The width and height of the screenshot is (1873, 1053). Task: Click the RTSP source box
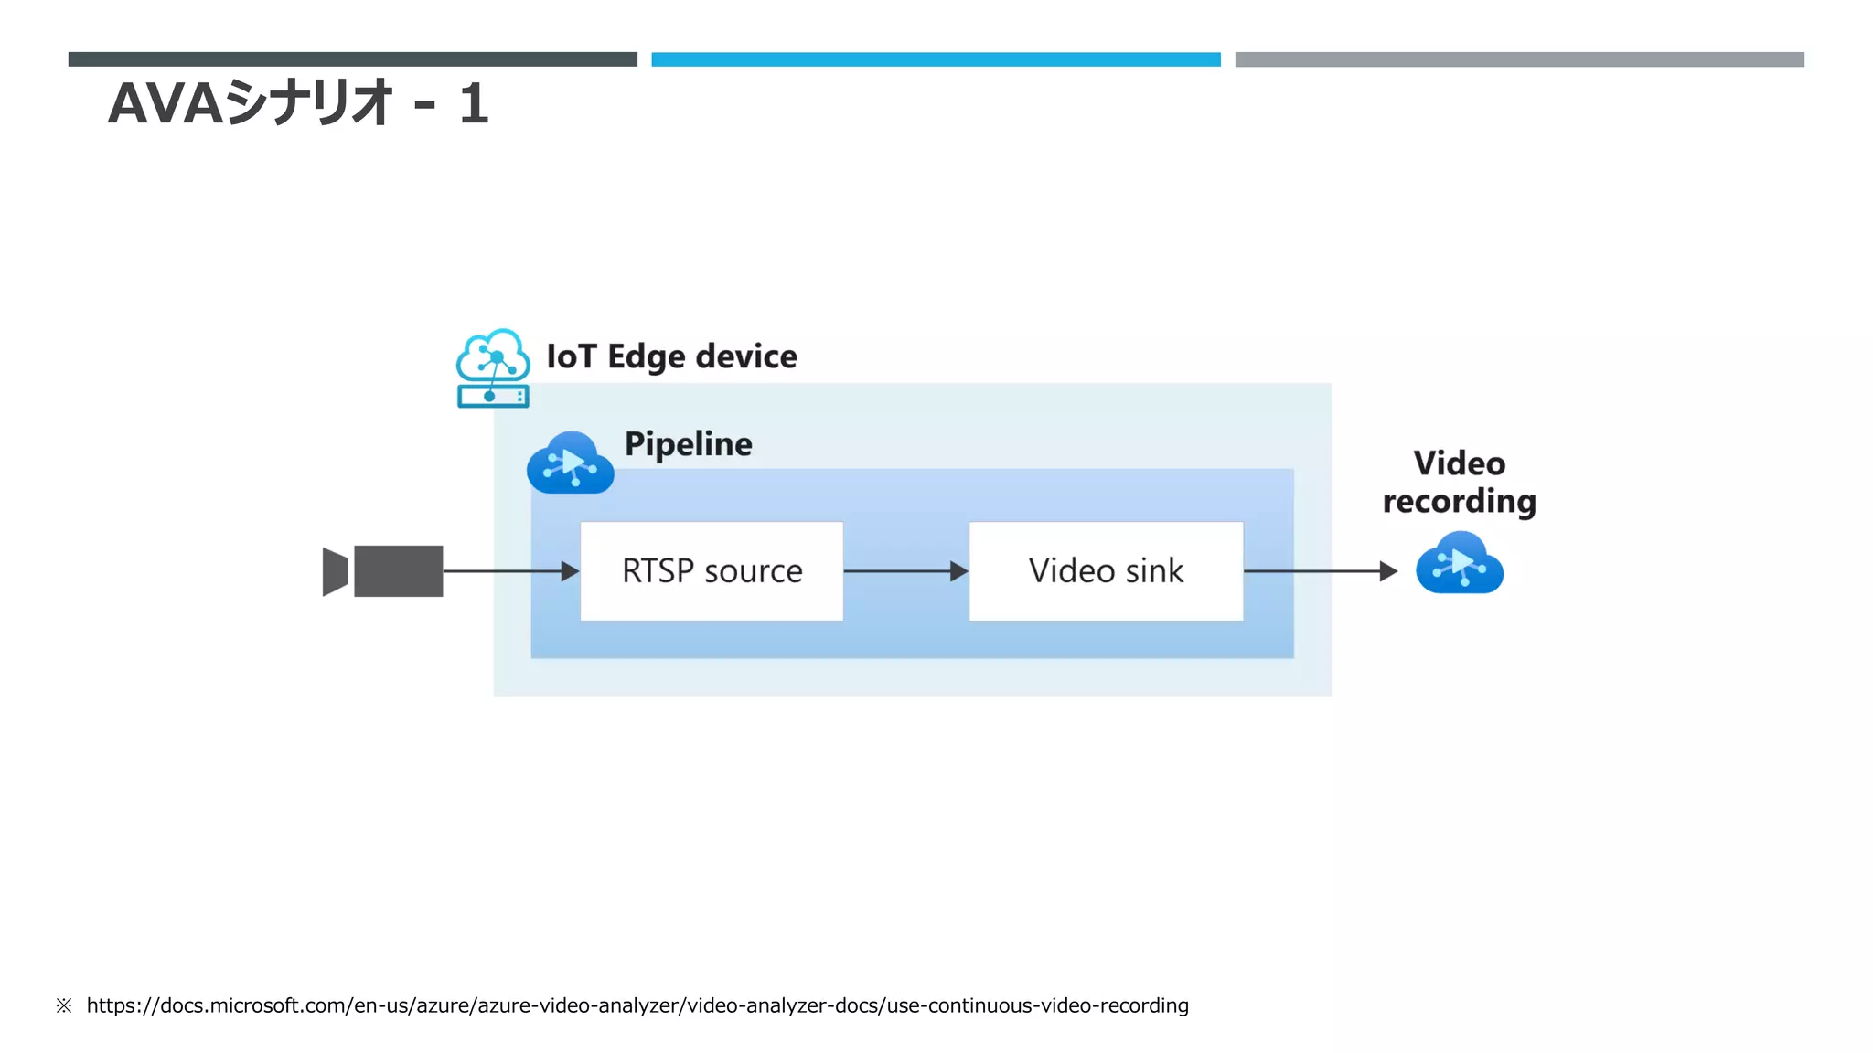click(712, 570)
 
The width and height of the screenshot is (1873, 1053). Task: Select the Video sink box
click(1106, 570)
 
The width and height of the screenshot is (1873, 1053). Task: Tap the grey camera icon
click(384, 570)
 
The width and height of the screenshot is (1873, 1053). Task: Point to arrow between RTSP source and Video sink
click(905, 571)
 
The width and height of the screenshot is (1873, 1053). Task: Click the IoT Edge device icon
click(493, 368)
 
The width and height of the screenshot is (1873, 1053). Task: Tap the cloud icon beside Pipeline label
click(570, 463)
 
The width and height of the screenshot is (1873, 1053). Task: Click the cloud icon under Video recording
click(1460, 563)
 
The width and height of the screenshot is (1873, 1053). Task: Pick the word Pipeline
click(688, 444)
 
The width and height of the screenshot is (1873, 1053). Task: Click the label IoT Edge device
click(671, 356)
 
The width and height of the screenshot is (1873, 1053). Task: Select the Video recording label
click(1460, 482)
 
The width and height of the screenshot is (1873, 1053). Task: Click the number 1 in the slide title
click(473, 103)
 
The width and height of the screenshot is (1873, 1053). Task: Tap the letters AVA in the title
click(166, 103)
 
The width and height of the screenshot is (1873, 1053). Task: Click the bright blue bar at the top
click(936, 59)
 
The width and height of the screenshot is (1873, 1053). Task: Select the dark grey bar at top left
click(352, 59)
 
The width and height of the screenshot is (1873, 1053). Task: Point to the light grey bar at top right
click(1519, 59)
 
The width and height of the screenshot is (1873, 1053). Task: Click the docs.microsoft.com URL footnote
click(637, 1005)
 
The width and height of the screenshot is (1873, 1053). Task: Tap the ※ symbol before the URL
click(63, 1005)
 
